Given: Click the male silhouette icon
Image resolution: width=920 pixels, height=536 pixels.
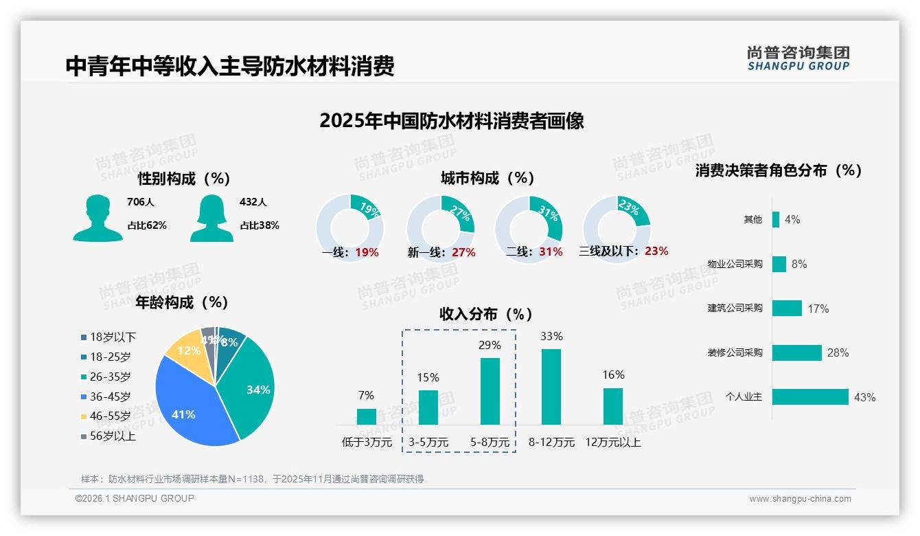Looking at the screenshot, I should click(x=97, y=218).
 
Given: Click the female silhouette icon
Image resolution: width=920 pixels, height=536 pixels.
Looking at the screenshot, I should click(x=211, y=218).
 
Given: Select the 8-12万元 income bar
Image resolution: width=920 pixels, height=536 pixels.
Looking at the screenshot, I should click(x=551, y=387).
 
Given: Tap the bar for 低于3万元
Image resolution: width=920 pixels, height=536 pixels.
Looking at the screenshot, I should click(x=367, y=416).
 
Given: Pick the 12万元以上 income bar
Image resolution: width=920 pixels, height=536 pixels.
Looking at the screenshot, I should click(x=613, y=406).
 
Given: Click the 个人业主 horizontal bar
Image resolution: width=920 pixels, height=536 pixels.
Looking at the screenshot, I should click(x=811, y=397).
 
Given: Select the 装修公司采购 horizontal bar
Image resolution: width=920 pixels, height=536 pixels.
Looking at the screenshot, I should click(x=797, y=353).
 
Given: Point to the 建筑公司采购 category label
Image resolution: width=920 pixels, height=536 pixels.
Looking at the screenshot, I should click(x=735, y=308).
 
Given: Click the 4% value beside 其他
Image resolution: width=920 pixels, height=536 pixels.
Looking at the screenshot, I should click(x=792, y=220).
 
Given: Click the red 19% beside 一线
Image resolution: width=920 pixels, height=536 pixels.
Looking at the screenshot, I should click(x=367, y=252).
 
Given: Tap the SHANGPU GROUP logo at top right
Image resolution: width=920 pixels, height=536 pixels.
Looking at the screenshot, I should click(x=798, y=58).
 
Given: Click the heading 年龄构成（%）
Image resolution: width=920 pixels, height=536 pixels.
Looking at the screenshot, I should click(x=182, y=302).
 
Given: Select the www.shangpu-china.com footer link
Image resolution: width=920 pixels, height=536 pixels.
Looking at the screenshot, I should click(x=800, y=499).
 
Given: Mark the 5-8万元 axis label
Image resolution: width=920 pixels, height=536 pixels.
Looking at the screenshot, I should click(x=490, y=443).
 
